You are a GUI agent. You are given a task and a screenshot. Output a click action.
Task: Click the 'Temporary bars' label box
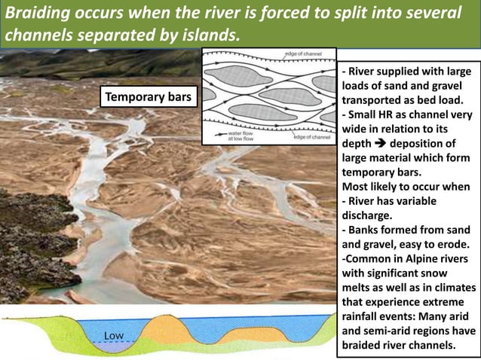[149, 97]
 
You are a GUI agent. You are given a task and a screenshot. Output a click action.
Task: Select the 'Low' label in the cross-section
[113, 334]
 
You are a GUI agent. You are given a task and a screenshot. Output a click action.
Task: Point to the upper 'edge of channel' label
[302, 54]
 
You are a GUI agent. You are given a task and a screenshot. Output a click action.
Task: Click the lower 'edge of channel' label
[311, 136]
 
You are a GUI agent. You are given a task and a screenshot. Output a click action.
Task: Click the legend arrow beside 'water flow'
[219, 132]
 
